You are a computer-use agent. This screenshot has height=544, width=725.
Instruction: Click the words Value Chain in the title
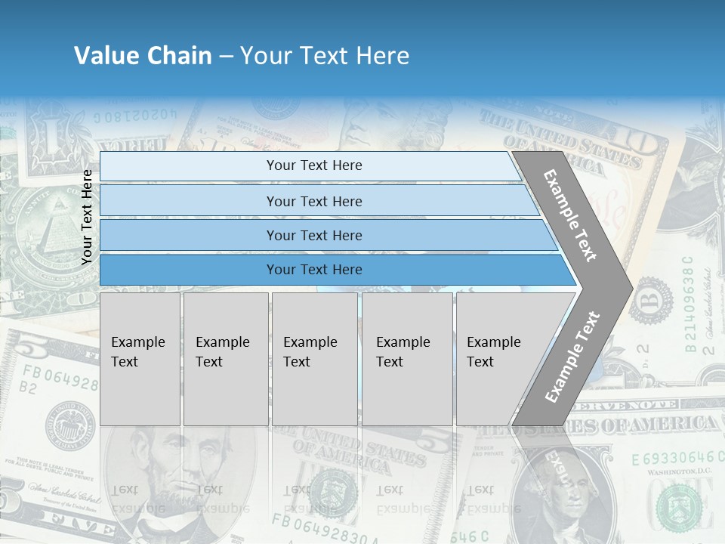[143, 56]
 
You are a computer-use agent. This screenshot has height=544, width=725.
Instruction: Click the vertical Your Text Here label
[87, 217]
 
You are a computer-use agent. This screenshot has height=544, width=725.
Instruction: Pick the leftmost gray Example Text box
[140, 359]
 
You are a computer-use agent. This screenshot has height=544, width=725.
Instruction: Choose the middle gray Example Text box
[314, 359]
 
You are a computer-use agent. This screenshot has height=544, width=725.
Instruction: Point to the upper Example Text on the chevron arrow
[570, 215]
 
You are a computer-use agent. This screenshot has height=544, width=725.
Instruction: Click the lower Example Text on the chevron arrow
[572, 357]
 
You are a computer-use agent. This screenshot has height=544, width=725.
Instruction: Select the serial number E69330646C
[672, 458]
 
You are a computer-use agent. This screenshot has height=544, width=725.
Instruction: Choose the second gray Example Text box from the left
[226, 359]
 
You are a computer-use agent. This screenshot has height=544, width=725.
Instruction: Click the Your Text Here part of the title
[325, 56]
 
